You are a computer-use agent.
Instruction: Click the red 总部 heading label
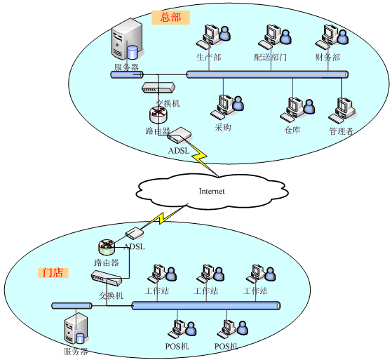click(x=170, y=18)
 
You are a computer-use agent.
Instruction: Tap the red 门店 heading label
click(x=53, y=272)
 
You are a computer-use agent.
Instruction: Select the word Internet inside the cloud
click(x=212, y=191)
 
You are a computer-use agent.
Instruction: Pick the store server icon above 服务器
click(x=76, y=328)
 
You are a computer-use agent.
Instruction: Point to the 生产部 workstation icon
click(x=213, y=36)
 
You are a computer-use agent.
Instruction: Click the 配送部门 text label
click(x=270, y=58)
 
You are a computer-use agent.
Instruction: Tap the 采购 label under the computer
click(x=223, y=127)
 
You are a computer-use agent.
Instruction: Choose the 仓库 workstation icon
click(x=297, y=109)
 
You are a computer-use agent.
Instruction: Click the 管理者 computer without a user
click(x=342, y=110)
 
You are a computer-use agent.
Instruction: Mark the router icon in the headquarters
click(x=158, y=114)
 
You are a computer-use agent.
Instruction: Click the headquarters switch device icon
click(x=158, y=88)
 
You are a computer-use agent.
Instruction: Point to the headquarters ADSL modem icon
click(x=180, y=135)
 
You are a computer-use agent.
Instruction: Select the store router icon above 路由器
click(x=107, y=247)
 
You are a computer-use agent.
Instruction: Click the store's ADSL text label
click(x=134, y=247)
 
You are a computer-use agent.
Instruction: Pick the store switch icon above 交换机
click(x=107, y=278)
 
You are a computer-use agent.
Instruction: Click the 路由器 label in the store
click(x=107, y=262)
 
